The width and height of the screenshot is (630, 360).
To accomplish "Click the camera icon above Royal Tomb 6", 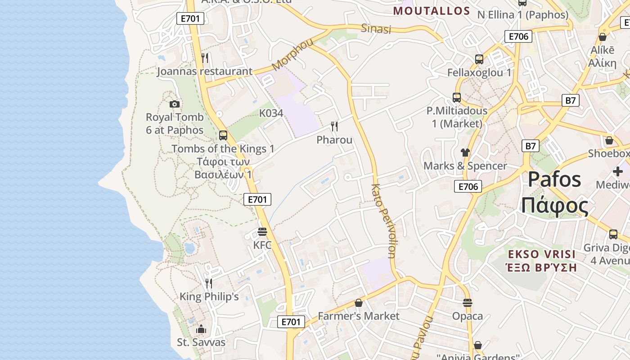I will (x=175, y=104).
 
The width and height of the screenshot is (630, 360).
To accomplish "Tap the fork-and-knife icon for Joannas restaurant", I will (x=205, y=58).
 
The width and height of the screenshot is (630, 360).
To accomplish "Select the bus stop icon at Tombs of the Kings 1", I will (x=223, y=135).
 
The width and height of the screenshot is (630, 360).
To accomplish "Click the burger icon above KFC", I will (x=262, y=232).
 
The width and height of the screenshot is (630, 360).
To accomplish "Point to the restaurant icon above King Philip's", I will (x=209, y=283).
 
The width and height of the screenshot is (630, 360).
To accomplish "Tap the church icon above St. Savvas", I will (x=201, y=329).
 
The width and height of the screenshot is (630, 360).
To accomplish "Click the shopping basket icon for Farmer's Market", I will (x=359, y=303).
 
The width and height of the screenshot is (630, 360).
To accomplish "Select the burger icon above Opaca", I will (x=468, y=303).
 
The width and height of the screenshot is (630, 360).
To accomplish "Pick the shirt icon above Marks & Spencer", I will (x=465, y=153).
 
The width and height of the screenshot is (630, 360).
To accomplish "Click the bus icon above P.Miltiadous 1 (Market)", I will (x=457, y=97).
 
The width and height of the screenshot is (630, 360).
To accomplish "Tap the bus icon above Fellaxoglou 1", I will (x=479, y=59).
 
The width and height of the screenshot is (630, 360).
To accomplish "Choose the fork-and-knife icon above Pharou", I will (x=334, y=126).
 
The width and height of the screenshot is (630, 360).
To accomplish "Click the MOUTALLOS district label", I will (x=432, y=11).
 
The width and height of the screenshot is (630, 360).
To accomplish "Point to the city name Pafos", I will (x=554, y=180).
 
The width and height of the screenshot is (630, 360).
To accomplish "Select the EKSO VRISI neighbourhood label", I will (x=542, y=254).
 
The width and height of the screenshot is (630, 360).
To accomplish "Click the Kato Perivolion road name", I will (x=383, y=220).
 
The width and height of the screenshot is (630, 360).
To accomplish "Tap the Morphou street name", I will (x=292, y=54).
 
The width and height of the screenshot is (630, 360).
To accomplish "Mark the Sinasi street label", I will (x=376, y=29).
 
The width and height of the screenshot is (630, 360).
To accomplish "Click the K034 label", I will (x=271, y=113).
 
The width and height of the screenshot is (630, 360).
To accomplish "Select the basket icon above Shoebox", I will (x=609, y=140).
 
